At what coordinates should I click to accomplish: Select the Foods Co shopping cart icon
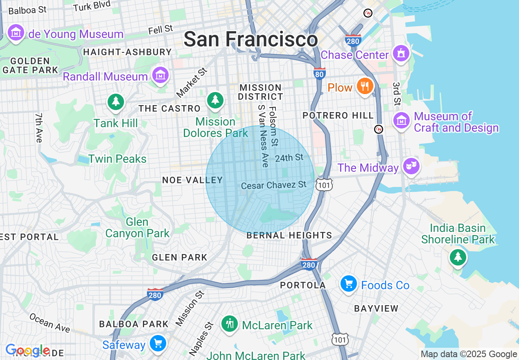(349, 284)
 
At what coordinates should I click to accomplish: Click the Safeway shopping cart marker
(158, 344)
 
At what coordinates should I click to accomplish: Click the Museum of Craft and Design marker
(402, 121)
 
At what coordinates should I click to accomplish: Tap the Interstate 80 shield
(319, 73)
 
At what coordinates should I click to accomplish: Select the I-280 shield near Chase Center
(353, 40)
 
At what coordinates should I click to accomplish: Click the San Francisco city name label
(250, 40)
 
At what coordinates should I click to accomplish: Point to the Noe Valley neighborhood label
(192, 180)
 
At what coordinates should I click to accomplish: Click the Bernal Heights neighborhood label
(289, 235)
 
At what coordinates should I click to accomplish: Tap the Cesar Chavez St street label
(273, 185)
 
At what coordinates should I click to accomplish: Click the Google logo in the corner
(27, 351)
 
